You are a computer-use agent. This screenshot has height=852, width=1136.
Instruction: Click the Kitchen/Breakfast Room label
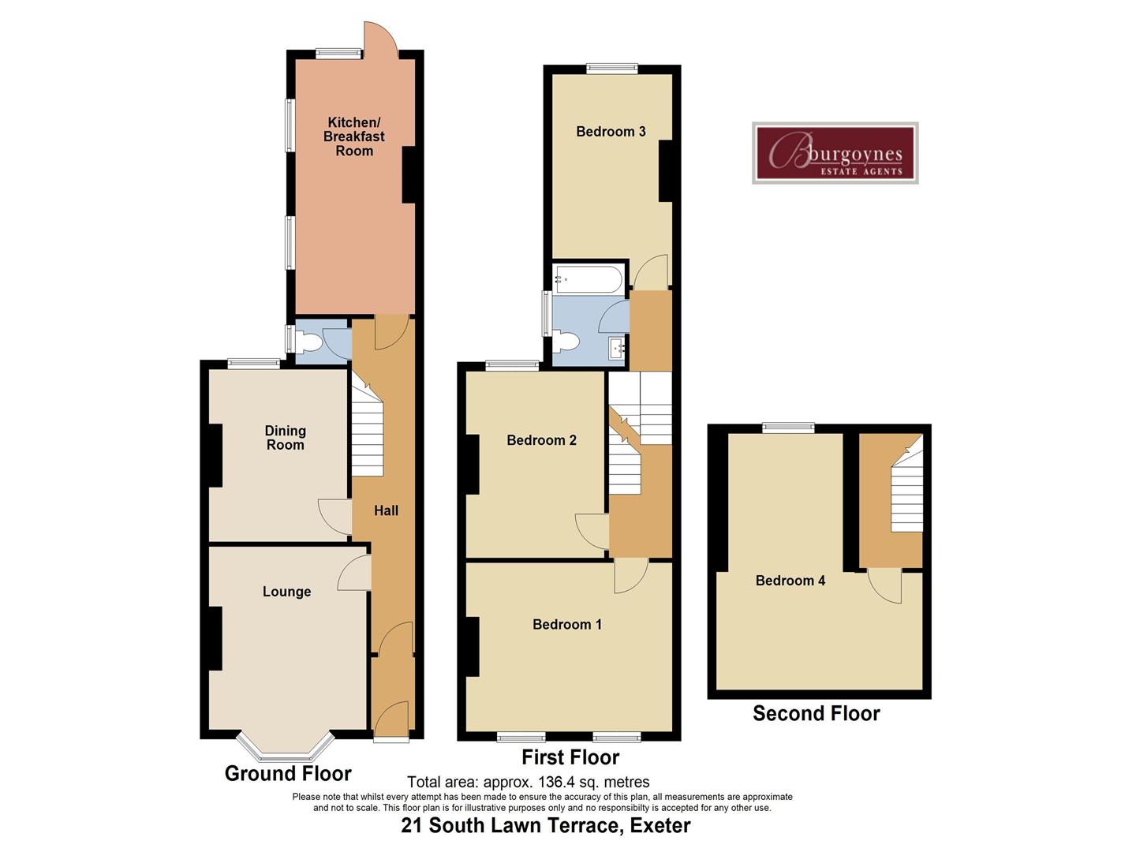coord(354,136)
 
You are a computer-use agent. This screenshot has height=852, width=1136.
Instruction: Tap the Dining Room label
coord(285,438)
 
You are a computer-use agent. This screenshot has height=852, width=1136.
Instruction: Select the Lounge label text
coord(286,592)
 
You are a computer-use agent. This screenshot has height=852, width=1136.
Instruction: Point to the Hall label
coord(386,510)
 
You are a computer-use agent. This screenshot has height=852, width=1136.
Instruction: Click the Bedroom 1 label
coord(567,624)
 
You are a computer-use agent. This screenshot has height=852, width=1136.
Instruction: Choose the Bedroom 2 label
coord(541,440)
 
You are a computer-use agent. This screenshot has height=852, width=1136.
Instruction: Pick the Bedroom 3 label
coord(611,131)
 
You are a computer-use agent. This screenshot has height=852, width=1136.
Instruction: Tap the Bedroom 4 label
coord(790,581)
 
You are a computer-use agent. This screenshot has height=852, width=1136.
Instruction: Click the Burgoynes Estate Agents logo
coord(835,153)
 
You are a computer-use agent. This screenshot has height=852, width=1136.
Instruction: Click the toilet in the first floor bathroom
coord(566,342)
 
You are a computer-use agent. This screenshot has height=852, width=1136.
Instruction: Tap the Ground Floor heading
coord(288,773)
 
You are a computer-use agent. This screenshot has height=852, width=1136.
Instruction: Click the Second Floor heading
coord(816,713)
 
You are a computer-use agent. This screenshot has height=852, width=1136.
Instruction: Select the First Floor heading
coord(570,757)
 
